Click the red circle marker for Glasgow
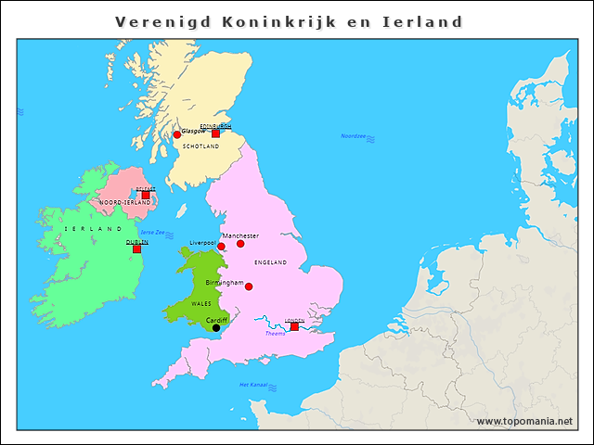tap(177, 134)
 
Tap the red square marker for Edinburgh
tap(215, 133)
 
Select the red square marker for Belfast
tap(146, 195)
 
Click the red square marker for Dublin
tap(136, 248)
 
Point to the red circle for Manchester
tap(240, 244)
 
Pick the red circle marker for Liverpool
tap(221, 247)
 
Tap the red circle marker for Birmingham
tap(248, 286)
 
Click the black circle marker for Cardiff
tap(216, 327)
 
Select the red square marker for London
tap(294, 326)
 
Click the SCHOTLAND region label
tap(200, 146)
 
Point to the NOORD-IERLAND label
tap(124, 202)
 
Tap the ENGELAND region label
tap(270, 262)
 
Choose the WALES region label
tap(200, 303)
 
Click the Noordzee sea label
tap(354, 136)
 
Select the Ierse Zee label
tap(152, 232)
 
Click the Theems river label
tap(276, 334)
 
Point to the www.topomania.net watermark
tap(524, 421)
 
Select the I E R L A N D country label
tap(93, 228)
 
